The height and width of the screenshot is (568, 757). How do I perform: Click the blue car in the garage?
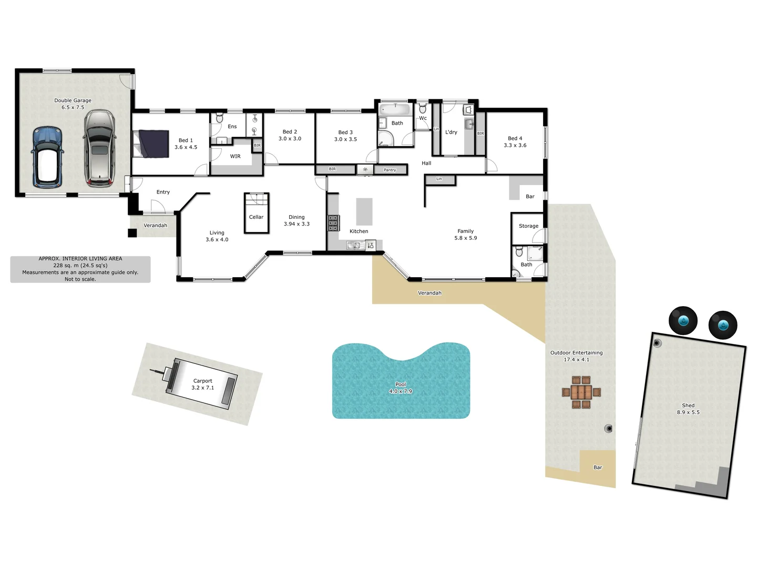(x=47, y=157)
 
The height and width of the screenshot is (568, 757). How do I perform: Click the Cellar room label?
(x=256, y=217)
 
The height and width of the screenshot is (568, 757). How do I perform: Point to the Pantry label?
(x=390, y=170)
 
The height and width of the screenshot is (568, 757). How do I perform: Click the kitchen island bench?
(x=364, y=211)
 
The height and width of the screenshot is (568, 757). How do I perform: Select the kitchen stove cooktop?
(x=333, y=223)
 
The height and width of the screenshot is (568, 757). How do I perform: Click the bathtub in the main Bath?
(x=395, y=109)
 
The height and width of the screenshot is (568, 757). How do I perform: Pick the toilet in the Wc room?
(x=423, y=109)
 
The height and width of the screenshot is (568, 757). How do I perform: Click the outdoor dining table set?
(x=581, y=392)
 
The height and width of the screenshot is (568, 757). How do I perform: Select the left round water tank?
(x=683, y=320)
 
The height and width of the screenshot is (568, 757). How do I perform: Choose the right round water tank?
(x=723, y=325)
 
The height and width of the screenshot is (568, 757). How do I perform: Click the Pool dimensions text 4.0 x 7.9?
(x=401, y=391)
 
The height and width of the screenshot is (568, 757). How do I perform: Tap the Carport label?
(x=202, y=381)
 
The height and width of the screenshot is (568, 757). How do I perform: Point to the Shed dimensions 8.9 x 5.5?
(x=688, y=412)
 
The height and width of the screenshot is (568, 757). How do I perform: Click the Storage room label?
(x=528, y=226)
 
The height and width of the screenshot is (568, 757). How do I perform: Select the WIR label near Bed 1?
(x=235, y=156)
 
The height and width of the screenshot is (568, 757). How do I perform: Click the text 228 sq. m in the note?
(x=66, y=266)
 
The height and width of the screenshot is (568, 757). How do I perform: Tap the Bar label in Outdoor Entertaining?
(x=598, y=468)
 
